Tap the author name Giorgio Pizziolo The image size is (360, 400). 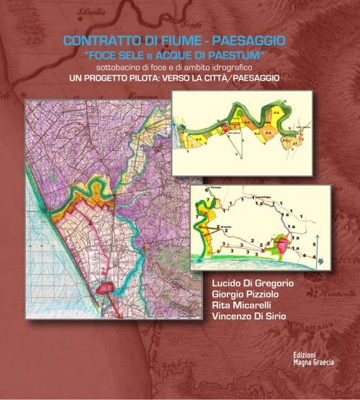tap(245, 298)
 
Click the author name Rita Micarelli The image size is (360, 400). tap(241, 310)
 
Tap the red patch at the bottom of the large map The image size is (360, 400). tap(107, 288)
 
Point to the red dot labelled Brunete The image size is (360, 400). tap(213, 226)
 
